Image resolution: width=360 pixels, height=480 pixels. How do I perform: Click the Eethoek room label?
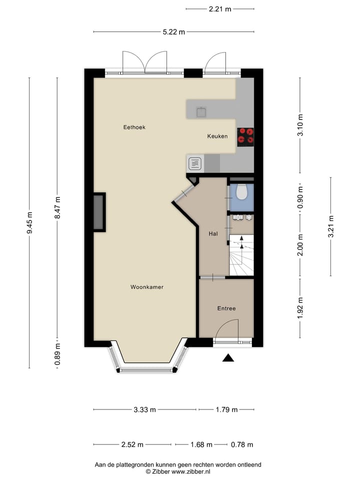coord(134,127)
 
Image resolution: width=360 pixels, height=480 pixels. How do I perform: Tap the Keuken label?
coord(217,136)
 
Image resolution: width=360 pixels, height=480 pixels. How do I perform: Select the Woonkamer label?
coord(147,287)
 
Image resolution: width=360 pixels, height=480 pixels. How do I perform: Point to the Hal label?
coord(213,233)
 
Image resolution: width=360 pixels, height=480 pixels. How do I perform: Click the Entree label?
coord(226,308)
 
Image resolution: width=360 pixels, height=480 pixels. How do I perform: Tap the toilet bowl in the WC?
coord(241,192)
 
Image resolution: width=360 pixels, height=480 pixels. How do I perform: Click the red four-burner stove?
coord(245,135)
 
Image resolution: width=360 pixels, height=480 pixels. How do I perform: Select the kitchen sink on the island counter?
coord(201,111)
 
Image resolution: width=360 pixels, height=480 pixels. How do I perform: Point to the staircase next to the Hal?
coord(241,255)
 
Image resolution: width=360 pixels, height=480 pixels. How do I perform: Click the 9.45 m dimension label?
coord(29,223)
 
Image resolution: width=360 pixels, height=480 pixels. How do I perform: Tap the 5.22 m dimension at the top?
coord(174,32)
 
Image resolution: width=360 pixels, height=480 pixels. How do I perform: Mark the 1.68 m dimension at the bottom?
coord(201,444)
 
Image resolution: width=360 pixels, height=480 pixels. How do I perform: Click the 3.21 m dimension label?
coord(330,225)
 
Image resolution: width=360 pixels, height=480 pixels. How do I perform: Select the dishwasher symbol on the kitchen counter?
coord(195,162)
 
